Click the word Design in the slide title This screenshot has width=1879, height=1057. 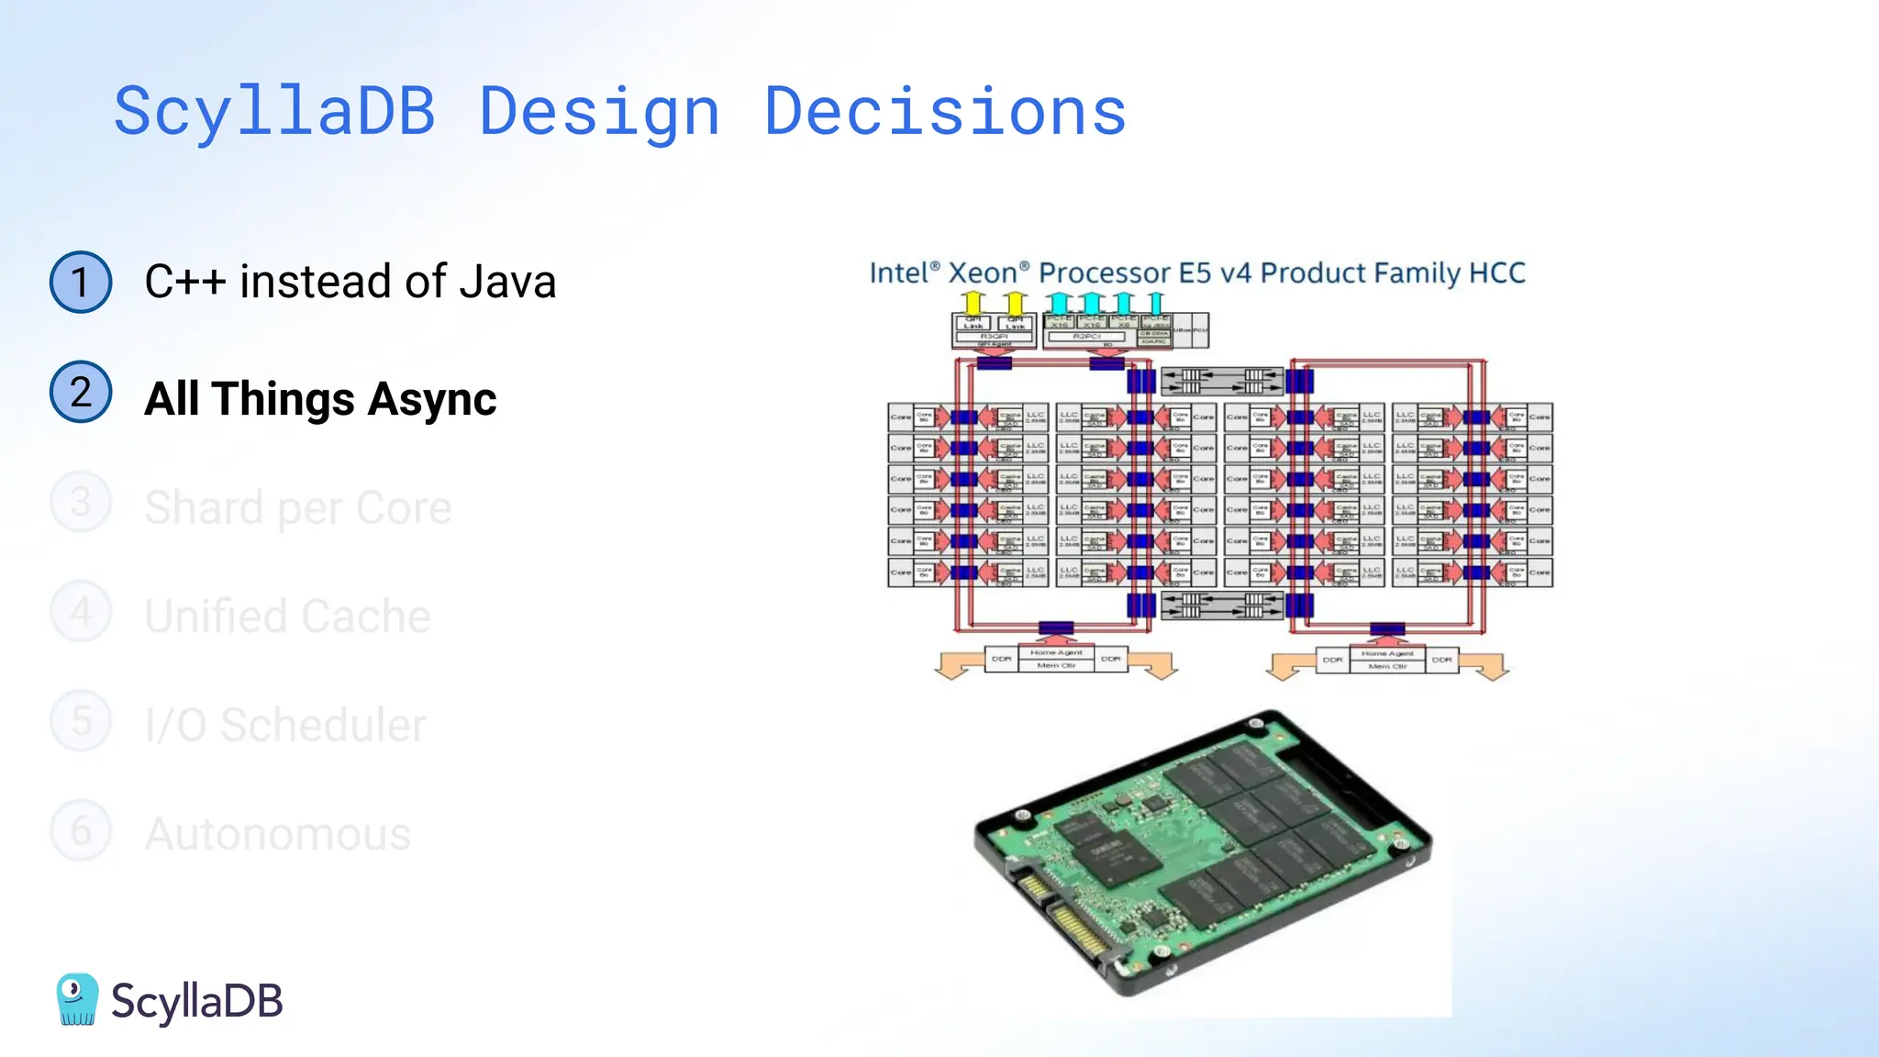point(599,113)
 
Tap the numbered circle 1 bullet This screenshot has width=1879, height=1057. point(81,282)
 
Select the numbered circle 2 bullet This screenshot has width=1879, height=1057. point(81,392)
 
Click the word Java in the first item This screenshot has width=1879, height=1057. point(507,282)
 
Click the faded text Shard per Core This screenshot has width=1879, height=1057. point(298,507)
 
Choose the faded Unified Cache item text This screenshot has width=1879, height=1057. point(287,617)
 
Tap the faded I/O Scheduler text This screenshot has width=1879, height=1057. point(285,726)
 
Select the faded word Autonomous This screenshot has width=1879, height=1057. point(277,835)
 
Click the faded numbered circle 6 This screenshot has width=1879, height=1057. point(81,830)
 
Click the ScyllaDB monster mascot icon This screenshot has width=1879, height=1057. point(77,999)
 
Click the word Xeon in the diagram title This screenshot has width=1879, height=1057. point(983,273)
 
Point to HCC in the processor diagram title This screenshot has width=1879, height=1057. point(1496,273)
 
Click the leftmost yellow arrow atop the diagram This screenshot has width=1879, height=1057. point(973,302)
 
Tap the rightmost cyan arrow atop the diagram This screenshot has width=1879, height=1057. point(1155,302)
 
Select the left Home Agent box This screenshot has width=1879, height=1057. point(1056,652)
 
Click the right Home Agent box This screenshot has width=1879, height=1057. point(1387,653)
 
